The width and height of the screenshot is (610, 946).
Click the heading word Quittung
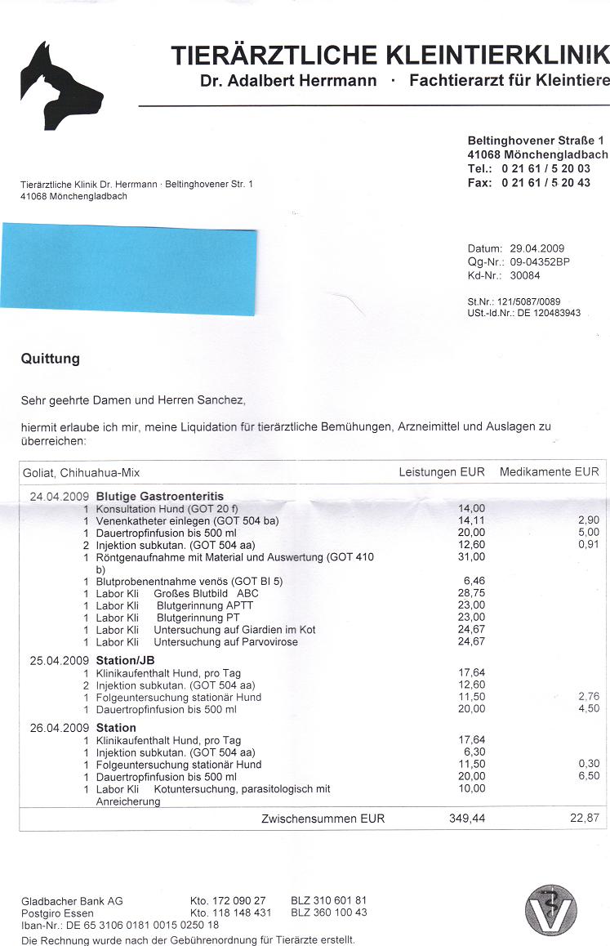[51, 358]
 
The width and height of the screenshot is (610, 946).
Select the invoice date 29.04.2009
[537, 248]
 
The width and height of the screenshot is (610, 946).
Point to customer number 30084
[524, 274]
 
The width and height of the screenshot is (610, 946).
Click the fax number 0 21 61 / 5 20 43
[545, 183]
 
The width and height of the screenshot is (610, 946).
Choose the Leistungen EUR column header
[441, 472]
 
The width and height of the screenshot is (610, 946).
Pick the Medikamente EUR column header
[549, 472]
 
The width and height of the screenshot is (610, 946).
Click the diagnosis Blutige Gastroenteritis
[160, 496]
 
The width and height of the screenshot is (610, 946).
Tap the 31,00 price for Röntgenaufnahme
[472, 556]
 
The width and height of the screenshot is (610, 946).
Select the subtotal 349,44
[466, 818]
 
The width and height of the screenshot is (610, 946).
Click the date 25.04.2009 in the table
[59, 660]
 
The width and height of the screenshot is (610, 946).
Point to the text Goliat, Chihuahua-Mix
[81, 472]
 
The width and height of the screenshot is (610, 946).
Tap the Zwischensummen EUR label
[323, 818]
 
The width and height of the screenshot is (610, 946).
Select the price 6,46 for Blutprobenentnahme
[474, 581]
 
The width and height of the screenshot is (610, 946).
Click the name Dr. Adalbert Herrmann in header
[288, 81]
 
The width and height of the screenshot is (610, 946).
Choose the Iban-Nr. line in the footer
[120, 925]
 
